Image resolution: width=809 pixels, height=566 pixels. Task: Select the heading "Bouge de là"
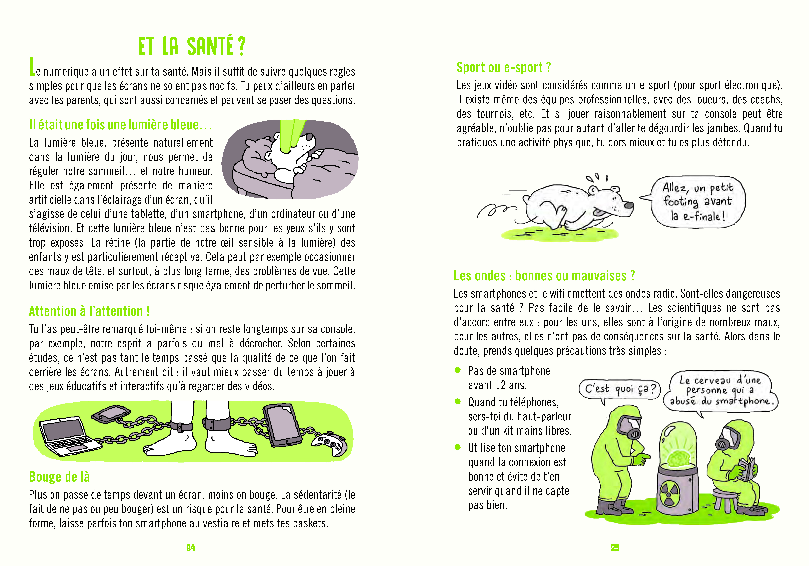59,477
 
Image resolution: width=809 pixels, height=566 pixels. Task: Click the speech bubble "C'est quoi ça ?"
619,389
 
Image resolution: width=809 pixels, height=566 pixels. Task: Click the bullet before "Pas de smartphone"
458,370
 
